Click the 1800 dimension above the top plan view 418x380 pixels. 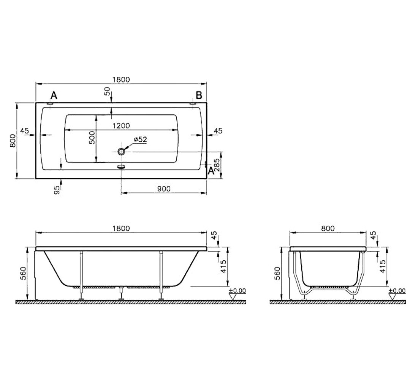click(x=121, y=79)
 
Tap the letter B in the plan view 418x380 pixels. click(x=199, y=95)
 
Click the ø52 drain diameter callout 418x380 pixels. click(x=140, y=139)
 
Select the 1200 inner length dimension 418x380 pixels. click(x=121, y=126)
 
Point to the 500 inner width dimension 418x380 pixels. click(x=92, y=137)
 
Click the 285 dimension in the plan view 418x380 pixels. click(x=217, y=165)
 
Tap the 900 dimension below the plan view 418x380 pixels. click(x=164, y=189)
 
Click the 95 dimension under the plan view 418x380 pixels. click(x=57, y=190)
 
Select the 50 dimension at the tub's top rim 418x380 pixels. click(x=107, y=92)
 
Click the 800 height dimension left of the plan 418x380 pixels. click(x=13, y=141)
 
